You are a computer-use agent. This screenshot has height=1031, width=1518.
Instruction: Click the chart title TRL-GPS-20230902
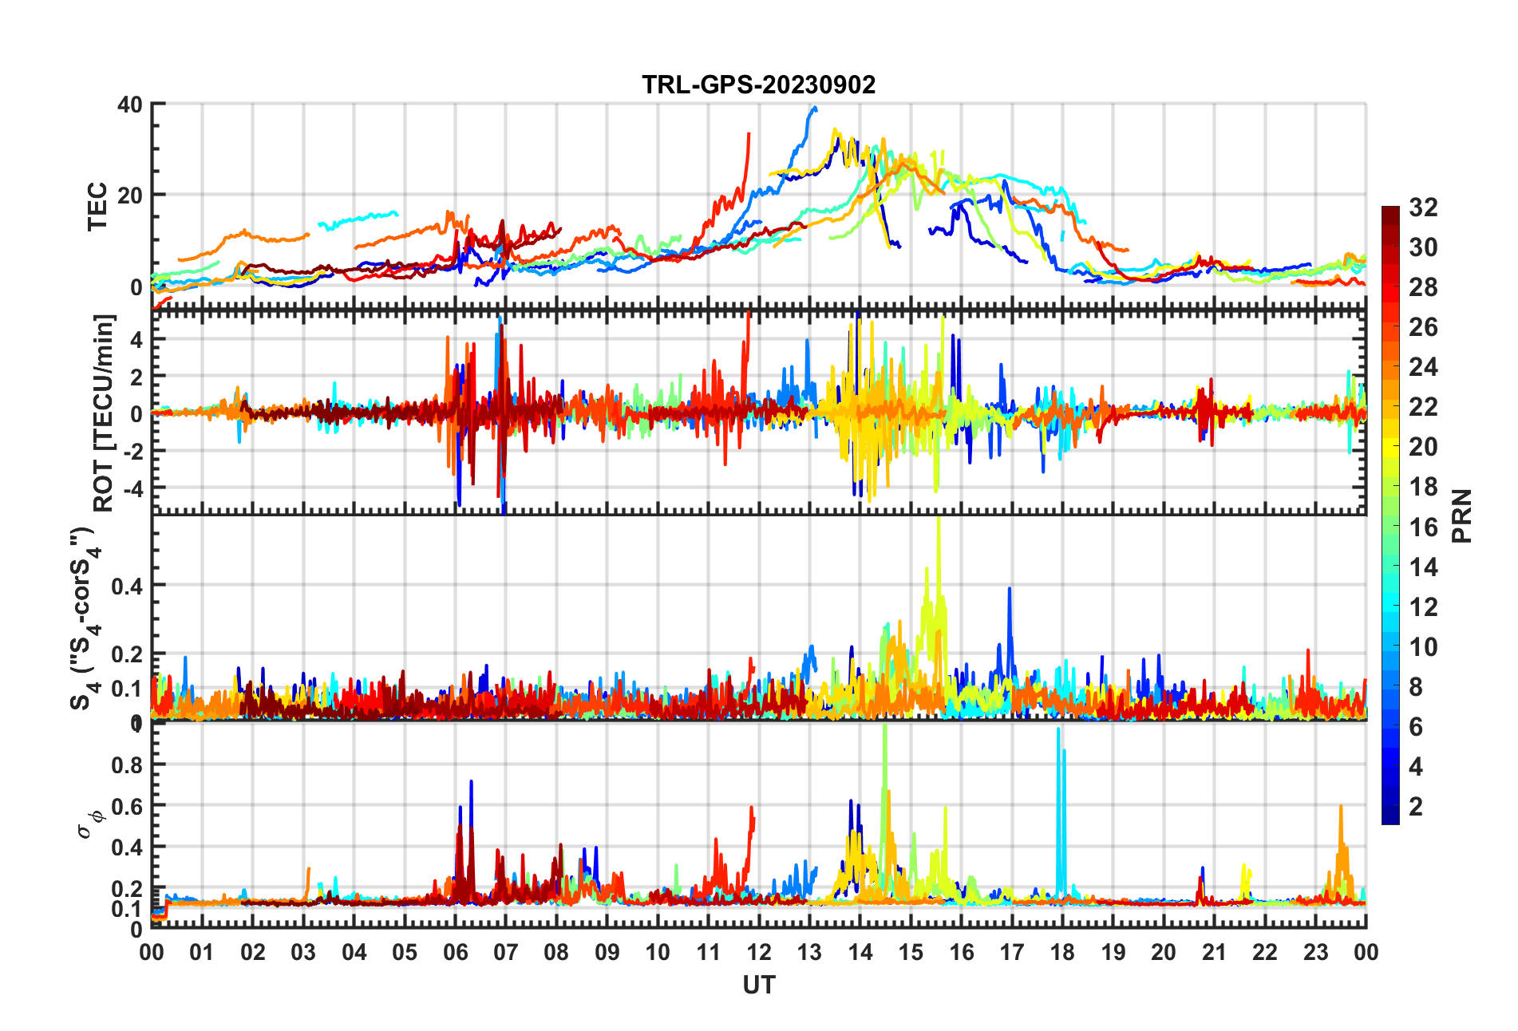758,85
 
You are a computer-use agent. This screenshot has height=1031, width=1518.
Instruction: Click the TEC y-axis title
97,207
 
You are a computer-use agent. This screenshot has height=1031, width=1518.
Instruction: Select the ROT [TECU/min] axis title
104,413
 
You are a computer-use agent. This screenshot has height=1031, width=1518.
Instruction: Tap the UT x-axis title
758,986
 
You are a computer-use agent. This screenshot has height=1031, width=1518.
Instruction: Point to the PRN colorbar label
1461,515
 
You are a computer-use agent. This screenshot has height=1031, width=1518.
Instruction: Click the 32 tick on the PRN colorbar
1423,207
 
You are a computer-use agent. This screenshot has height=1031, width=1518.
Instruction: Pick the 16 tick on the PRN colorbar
1423,527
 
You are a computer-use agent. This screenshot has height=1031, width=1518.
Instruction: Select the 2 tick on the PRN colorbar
1416,806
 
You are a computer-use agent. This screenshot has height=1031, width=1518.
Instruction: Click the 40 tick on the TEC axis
130,105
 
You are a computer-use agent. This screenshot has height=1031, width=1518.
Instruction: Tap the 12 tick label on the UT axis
758,952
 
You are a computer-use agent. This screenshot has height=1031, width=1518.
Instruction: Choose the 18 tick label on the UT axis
1062,952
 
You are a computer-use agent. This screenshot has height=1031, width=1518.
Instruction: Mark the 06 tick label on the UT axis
455,952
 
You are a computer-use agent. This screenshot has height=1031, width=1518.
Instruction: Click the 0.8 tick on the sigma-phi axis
126,764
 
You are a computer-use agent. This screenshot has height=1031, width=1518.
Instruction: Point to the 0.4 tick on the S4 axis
126,586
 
